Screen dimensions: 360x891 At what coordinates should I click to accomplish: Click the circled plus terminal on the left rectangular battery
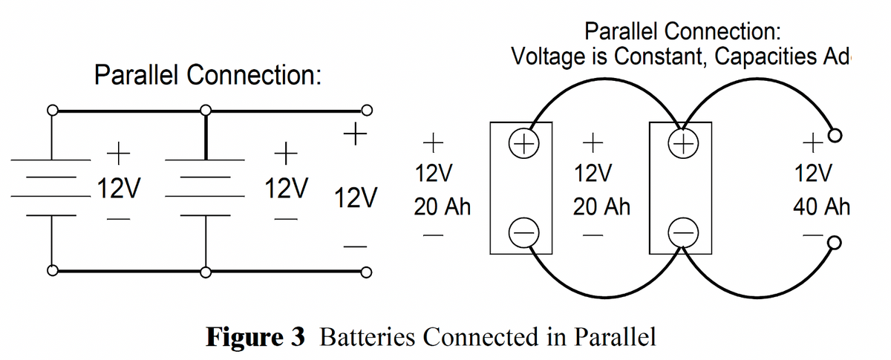point(520,142)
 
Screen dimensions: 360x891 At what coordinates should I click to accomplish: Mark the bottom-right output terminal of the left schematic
point(365,272)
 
